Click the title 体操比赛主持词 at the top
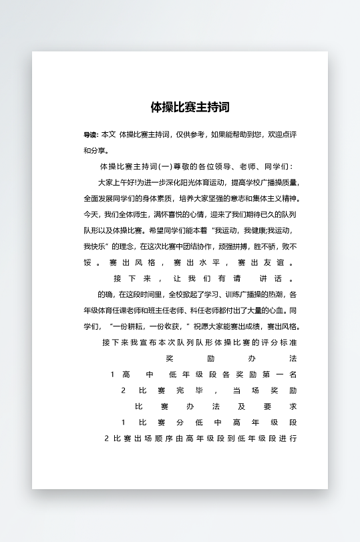(x=190, y=107)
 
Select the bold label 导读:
(x=91, y=135)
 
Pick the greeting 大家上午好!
(x=116, y=182)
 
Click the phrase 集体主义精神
(x=276, y=198)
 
